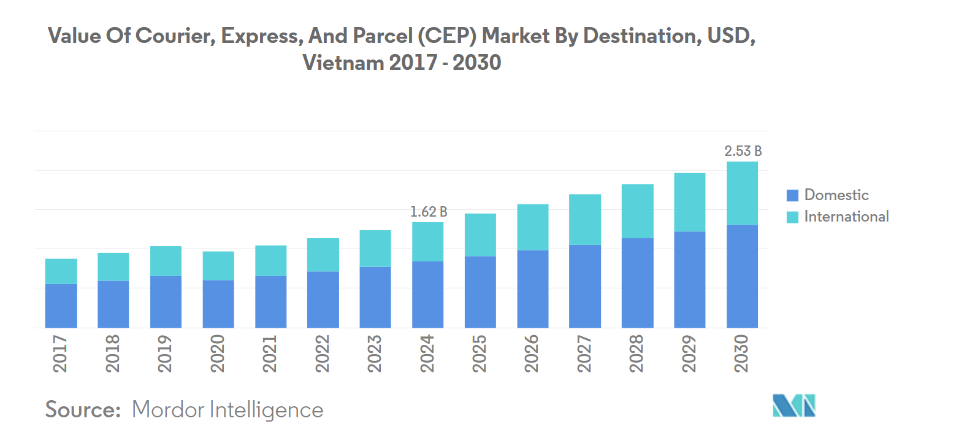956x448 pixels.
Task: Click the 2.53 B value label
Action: pyautogui.click(x=743, y=151)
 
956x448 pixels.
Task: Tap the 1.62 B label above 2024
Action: pyautogui.click(x=428, y=212)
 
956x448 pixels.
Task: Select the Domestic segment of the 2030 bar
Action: pyautogui.click(x=742, y=276)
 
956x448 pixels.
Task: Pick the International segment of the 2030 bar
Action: pyautogui.click(x=742, y=193)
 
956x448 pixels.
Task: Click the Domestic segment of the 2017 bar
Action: pyautogui.click(x=61, y=306)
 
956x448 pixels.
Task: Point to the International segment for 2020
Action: pyautogui.click(x=218, y=266)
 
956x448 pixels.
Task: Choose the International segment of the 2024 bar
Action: pyautogui.click(x=428, y=242)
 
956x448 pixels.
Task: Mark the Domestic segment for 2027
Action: pyautogui.click(x=585, y=286)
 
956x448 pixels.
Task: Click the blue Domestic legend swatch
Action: pyautogui.click(x=792, y=196)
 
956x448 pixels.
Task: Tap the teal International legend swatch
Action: pyautogui.click(x=792, y=217)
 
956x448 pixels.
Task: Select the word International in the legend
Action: pyautogui.click(x=846, y=217)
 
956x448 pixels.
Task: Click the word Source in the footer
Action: pyautogui.click(x=83, y=409)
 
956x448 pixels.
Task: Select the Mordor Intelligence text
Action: pyautogui.click(x=228, y=409)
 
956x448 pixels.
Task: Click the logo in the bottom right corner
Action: pyautogui.click(x=793, y=405)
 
